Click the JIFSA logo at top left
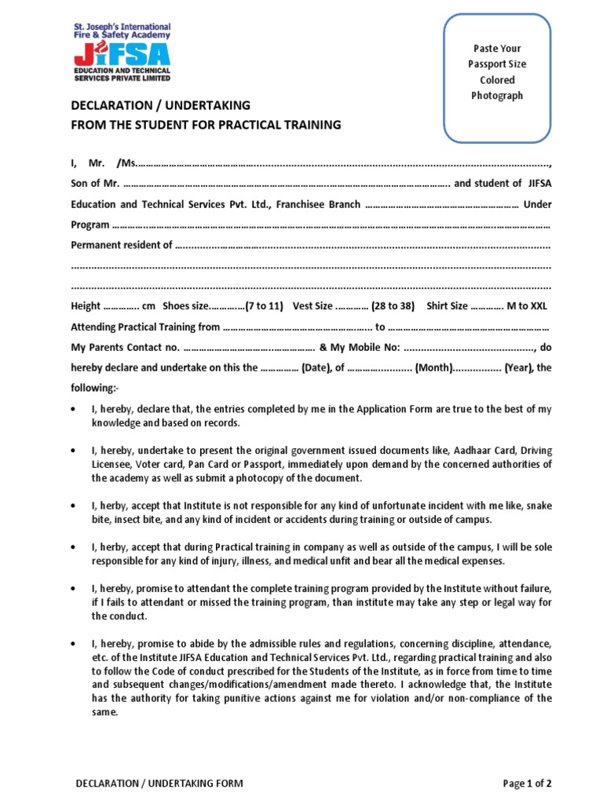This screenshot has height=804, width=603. [121, 52]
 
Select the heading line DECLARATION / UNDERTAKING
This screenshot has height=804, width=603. [161, 105]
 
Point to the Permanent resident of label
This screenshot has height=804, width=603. [122, 245]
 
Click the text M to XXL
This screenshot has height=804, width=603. [528, 306]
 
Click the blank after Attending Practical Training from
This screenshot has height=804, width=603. [298, 327]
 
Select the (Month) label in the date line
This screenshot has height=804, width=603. [433, 367]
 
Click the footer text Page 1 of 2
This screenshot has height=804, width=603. [527, 783]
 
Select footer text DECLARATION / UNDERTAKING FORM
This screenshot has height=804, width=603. [159, 783]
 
